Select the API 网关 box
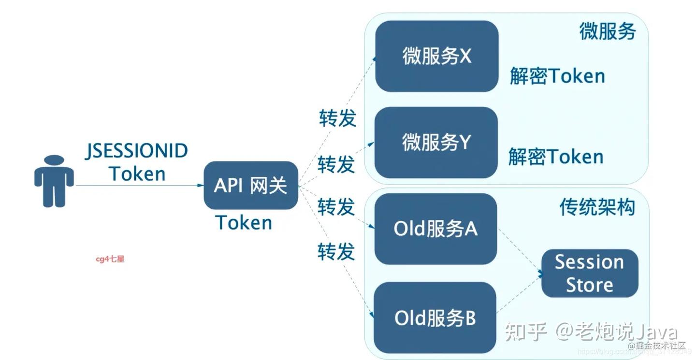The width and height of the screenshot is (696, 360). (250, 185)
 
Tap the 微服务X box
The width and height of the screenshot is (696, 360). (436, 57)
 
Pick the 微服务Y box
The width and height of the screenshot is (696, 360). (436, 143)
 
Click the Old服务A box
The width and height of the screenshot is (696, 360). (435, 229)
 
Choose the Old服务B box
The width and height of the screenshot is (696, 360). (435, 318)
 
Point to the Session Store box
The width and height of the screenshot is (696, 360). (589, 273)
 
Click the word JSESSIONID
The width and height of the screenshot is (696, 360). (137, 151)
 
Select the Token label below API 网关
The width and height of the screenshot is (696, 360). (244, 223)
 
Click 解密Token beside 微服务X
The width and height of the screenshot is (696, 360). (557, 76)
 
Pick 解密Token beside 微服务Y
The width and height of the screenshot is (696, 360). (556, 157)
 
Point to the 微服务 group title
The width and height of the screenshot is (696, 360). (607, 31)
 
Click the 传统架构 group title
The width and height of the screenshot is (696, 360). (597, 208)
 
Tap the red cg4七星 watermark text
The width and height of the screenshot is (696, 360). (110, 259)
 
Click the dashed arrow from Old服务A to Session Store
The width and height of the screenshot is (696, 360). (520, 251)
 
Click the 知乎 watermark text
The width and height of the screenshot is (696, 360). (526, 332)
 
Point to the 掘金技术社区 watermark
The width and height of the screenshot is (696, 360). (660, 346)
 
